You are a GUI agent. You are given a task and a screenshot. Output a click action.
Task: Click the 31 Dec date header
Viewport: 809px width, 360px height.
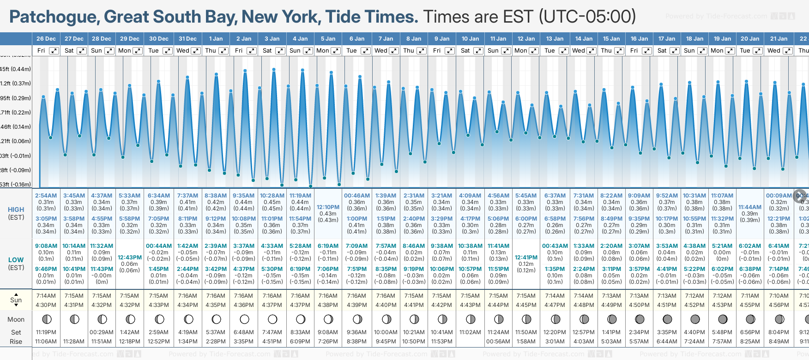pos(187,39)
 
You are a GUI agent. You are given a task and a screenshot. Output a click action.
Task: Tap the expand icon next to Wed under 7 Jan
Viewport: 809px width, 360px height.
pos(393,51)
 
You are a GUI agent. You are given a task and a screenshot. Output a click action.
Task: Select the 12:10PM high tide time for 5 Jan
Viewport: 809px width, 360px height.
pos(328,207)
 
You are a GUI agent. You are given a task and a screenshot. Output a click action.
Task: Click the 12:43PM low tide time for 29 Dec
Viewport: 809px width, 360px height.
pos(129,258)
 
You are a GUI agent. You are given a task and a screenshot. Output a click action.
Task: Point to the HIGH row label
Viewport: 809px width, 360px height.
pos(16,210)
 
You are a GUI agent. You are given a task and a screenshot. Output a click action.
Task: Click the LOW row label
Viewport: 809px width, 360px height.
pos(16,260)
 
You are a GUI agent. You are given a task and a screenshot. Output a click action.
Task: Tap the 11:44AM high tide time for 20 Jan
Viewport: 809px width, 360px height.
pos(749,207)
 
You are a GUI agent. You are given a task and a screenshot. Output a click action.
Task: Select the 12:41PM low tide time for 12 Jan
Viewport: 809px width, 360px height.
pos(526,258)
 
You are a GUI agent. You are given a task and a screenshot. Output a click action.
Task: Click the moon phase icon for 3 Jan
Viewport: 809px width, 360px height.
pos(272,319)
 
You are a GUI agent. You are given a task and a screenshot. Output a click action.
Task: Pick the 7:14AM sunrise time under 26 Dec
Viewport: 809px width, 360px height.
pos(46,296)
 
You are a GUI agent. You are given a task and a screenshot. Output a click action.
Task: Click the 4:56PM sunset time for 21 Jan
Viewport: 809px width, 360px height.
pos(779,305)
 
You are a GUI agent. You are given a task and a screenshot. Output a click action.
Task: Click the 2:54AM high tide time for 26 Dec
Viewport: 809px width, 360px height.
pos(46,196)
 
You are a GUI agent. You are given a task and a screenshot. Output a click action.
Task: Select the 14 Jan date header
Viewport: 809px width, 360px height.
pos(584,39)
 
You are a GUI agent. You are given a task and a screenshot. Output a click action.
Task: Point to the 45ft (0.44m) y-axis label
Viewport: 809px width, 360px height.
pos(16,69)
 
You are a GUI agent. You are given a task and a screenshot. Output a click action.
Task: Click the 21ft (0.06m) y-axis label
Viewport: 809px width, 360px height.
pos(16,141)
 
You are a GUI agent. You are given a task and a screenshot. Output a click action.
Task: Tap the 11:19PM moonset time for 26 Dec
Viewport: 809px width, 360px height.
pos(46,332)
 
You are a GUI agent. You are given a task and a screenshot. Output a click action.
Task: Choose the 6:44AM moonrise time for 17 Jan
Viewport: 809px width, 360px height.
pos(667,342)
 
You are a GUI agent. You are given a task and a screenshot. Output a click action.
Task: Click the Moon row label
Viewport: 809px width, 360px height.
pos(16,319)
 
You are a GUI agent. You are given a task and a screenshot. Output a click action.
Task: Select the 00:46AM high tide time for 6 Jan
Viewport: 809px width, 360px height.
pos(356,196)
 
